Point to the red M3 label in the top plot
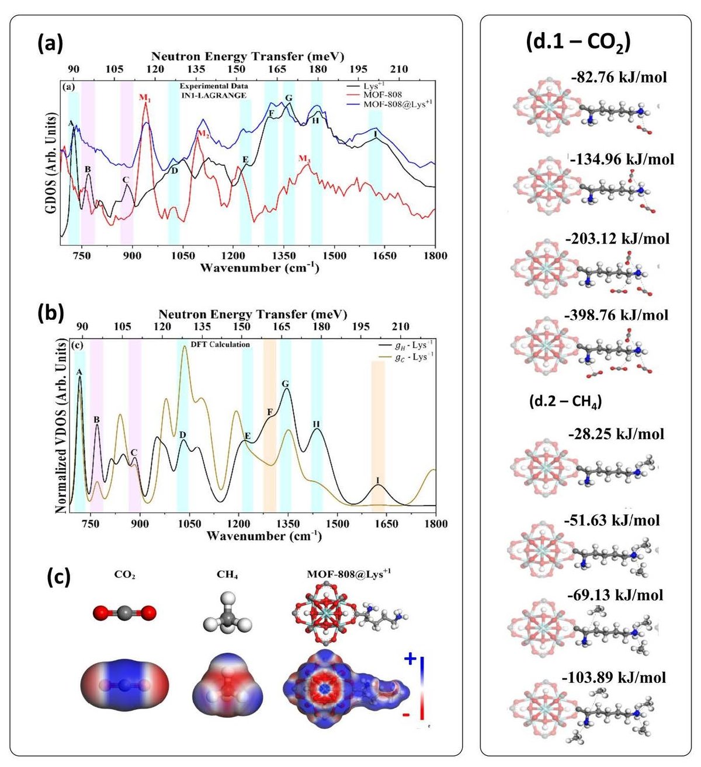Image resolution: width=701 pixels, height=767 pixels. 304,158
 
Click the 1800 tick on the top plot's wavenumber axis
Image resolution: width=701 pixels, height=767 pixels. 435,256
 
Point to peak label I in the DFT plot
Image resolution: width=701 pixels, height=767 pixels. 378,481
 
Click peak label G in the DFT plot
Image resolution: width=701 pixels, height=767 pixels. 285,384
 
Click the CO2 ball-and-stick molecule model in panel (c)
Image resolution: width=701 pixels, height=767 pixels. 124,612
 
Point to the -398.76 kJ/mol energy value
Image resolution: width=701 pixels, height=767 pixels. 616,315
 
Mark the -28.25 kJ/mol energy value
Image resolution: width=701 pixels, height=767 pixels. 616,434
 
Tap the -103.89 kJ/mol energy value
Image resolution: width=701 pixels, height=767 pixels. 613,678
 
